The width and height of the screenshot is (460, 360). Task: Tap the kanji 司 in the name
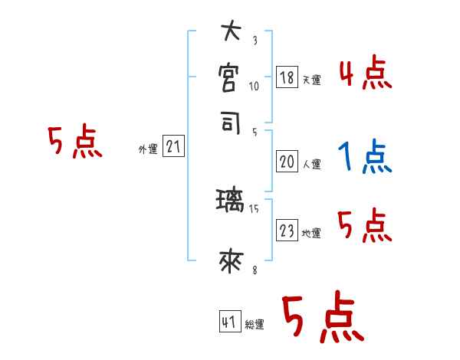(x=231, y=123)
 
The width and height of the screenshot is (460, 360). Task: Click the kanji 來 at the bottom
(x=231, y=261)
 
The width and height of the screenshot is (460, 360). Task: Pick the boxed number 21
(x=174, y=147)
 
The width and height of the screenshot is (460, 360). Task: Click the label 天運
(x=311, y=80)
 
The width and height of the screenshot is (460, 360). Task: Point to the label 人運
(x=311, y=164)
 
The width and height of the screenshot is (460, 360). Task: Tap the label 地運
(x=311, y=234)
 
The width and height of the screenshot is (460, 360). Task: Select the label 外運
(x=148, y=149)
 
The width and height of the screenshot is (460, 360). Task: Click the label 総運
(x=255, y=325)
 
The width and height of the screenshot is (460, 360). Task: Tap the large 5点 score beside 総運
(x=322, y=319)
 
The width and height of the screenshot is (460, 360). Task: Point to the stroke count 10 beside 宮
(x=255, y=86)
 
